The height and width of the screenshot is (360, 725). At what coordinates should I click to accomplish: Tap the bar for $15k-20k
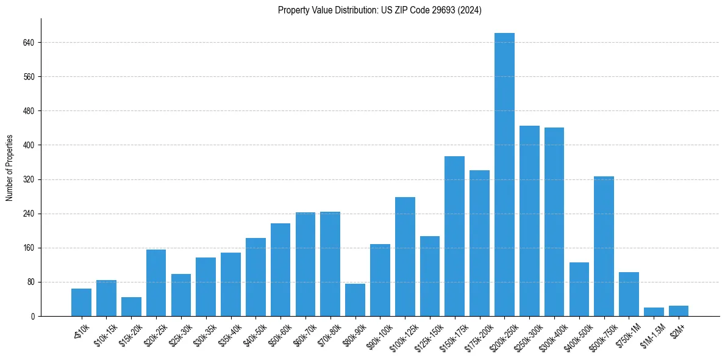131,306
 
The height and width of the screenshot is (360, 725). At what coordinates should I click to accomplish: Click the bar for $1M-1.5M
654,312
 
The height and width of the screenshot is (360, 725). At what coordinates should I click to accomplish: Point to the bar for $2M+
679,311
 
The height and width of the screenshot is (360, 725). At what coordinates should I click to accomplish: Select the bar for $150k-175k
454,236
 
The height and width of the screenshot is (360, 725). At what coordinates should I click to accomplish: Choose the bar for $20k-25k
156,283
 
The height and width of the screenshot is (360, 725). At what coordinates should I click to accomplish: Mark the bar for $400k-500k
579,289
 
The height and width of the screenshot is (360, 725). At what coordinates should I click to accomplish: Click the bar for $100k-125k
405,256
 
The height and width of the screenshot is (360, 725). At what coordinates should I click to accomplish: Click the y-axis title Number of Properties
9,168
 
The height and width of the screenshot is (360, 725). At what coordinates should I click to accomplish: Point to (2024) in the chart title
470,10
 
